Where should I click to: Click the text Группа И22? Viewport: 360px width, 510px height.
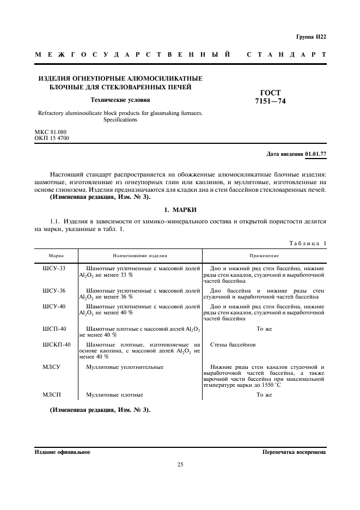[x=311, y=37]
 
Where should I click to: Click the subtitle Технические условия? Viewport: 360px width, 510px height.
[x=120, y=100]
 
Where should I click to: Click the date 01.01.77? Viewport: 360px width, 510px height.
[x=316, y=154]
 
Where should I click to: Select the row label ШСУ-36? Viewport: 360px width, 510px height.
[x=54, y=291]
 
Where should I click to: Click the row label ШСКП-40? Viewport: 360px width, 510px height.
[x=57, y=345]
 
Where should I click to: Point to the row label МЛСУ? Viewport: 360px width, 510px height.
[x=51, y=367]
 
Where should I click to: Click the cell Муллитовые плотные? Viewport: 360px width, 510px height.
[x=114, y=394]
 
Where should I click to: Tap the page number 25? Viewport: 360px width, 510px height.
[x=180, y=464]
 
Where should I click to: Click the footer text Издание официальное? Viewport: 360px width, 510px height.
[x=63, y=452]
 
